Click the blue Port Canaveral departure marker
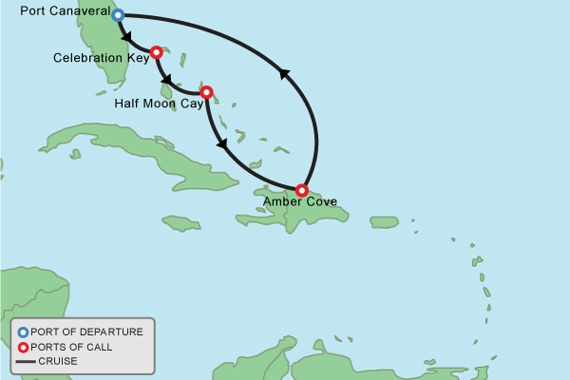point(118,15)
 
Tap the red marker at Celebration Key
point(156,51)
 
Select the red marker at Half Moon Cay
point(206,92)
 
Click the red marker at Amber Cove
point(302,189)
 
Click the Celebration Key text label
point(99,59)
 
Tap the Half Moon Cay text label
point(158,103)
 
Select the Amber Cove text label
point(300,202)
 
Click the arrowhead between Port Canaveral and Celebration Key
point(126,36)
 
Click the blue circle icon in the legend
point(23,332)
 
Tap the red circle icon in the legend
point(23,347)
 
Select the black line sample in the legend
point(23,361)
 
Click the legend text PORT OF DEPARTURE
point(86,332)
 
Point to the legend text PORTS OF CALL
point(71,347)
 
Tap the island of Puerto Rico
point(384,222)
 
